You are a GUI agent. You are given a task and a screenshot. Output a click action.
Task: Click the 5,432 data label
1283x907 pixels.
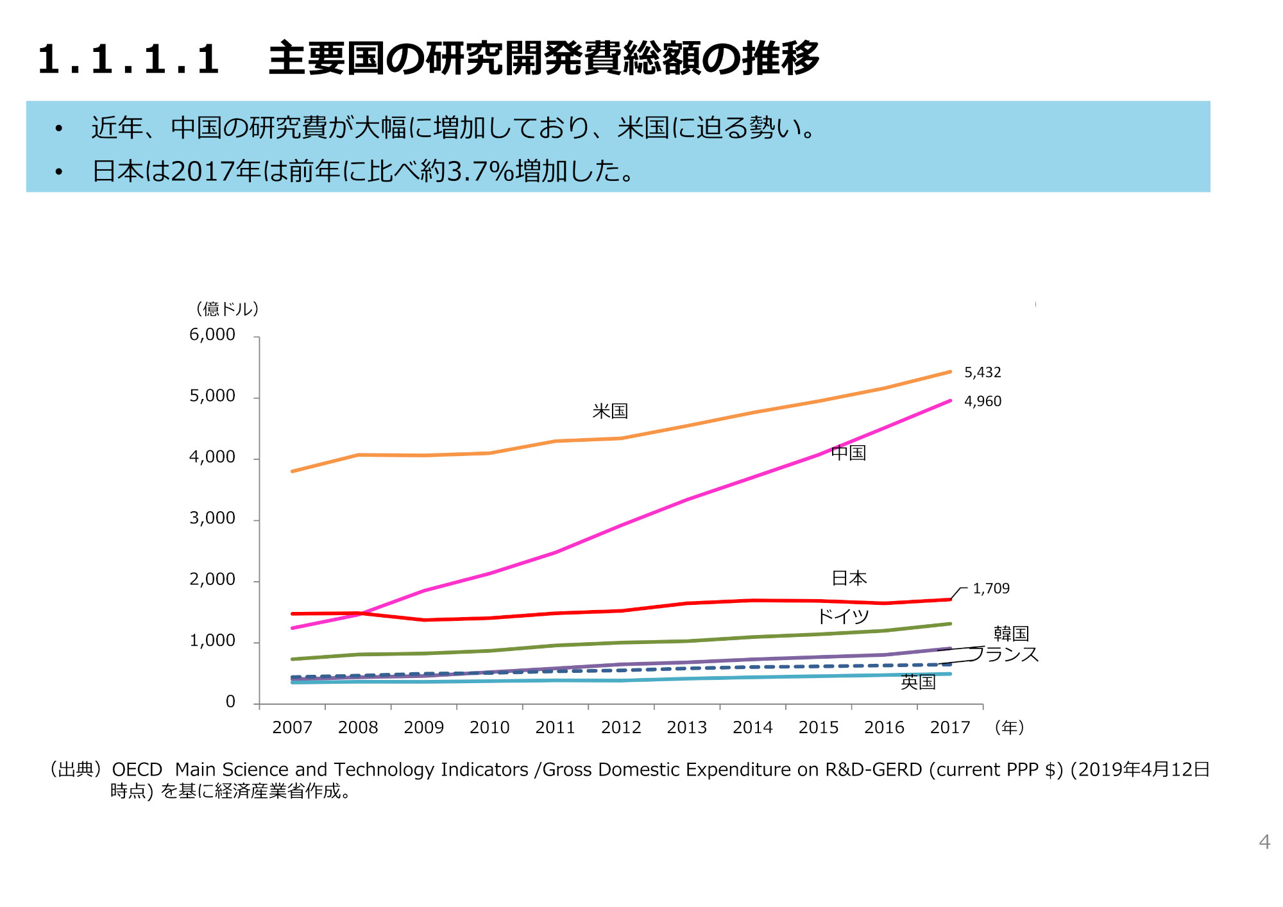click(982, 373)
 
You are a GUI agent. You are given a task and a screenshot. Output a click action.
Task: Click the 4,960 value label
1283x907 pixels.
click(982, 402)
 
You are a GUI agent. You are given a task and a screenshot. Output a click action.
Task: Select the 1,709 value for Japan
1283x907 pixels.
click(990, 589)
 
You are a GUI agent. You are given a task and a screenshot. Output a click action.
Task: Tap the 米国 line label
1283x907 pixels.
click(609, 411)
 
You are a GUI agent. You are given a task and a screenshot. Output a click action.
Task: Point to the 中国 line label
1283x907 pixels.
click(848, 453)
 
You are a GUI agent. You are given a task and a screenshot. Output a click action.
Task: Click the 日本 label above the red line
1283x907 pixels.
click(848, 578)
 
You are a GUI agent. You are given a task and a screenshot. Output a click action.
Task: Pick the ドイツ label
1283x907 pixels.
click(842, 616)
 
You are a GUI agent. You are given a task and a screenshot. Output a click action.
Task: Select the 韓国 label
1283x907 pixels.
click(1011, 634)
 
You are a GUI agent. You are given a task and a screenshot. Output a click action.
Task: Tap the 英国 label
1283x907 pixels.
click(917, 682)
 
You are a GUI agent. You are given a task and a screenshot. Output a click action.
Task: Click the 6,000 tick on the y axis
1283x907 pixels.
click(212, 335)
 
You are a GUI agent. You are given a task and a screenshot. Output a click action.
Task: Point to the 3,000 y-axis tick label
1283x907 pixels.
click(212, 518)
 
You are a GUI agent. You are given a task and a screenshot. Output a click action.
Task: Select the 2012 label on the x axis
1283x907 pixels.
click(620, 727)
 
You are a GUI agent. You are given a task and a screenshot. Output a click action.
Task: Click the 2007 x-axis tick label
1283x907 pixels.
click(292, 727)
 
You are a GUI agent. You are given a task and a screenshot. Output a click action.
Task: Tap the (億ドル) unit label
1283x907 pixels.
click(227, 309)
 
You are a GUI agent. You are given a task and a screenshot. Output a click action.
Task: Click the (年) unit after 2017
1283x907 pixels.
click(1008, 727)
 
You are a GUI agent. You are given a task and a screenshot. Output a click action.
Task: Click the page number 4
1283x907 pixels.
click(1264, 842)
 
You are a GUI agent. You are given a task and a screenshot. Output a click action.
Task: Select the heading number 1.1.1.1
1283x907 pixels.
click(128, 59)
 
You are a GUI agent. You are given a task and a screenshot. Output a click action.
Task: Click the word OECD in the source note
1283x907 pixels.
click(137, 769)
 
